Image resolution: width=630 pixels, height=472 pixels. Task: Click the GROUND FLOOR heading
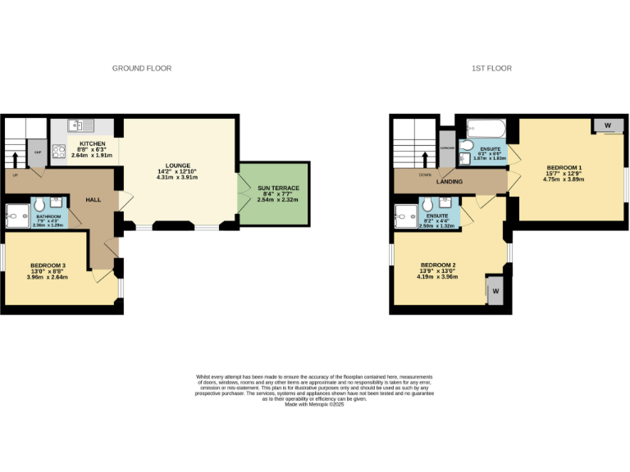tap(142, 69)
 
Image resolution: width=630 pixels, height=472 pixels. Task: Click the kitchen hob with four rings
tap(59, 151)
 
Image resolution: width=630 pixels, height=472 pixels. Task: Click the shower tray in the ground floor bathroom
tap(16, 216)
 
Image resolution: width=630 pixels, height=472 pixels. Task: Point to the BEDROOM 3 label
tap(48, 265)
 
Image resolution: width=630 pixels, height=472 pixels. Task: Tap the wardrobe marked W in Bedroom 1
tap(607, 125)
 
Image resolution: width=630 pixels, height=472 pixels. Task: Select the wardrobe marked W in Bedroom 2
tap(495, 291)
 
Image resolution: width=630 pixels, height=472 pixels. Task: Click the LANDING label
tap(449, 181)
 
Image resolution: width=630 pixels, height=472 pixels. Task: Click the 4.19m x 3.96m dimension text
tap(437, 277)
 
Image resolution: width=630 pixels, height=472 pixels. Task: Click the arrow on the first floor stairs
tap(425, 157)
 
